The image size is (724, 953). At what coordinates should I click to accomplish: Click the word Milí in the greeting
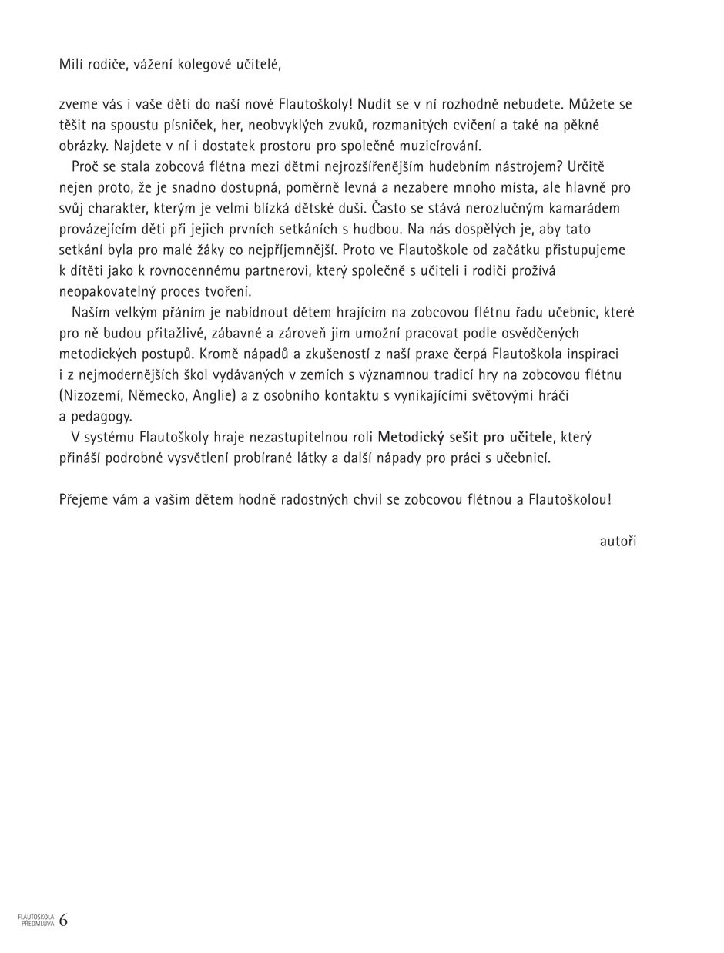click(71, 64)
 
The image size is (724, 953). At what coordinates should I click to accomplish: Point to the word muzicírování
click(440, 146)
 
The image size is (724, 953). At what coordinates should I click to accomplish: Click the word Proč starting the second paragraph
click(85, 166)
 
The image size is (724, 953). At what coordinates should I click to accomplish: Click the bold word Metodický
click(411, 437)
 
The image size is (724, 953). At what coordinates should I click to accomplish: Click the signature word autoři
click(618, 541)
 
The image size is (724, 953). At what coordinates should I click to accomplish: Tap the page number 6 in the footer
click(63, 920)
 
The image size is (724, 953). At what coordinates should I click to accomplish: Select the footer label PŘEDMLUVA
click(38, 924)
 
